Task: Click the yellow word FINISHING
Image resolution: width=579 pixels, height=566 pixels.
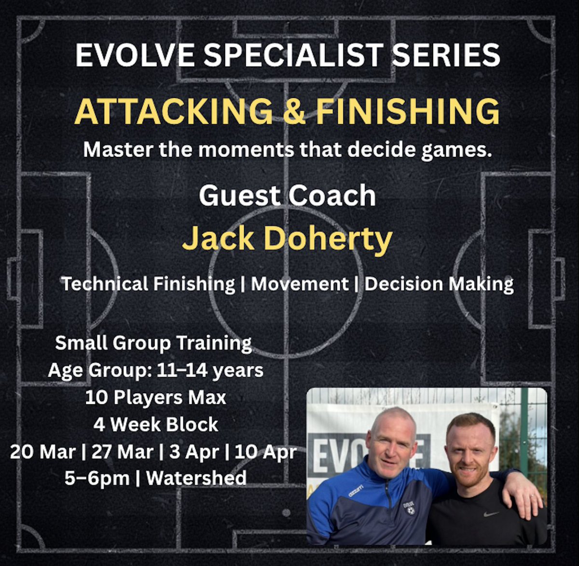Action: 408,111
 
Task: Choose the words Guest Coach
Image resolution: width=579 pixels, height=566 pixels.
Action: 288,195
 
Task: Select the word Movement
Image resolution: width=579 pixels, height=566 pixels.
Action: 300,284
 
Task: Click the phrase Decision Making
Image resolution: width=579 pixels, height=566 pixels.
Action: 439,284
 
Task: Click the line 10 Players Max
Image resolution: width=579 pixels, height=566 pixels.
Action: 155,398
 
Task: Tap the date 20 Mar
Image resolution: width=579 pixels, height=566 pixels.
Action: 42,452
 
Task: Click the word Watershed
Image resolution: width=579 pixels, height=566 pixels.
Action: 196,478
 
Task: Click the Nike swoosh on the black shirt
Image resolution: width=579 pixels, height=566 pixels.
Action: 491,514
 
